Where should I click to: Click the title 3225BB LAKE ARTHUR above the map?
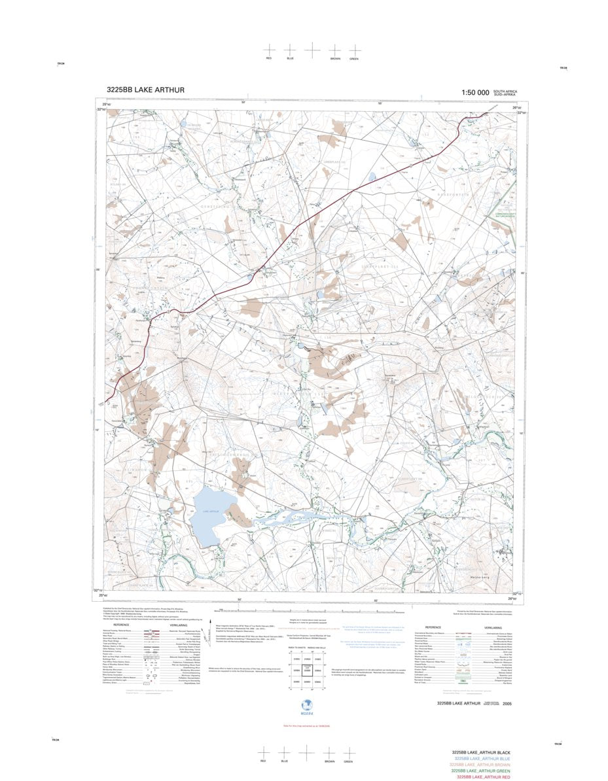coord(145,90)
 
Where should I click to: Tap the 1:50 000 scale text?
coord(474,93)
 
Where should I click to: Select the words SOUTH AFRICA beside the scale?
coord(505,91)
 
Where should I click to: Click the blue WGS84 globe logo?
coord(304,707)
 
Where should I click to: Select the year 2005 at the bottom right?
coord(508,703)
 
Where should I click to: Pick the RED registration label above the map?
coord(268,59)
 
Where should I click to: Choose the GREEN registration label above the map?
coord(354,59)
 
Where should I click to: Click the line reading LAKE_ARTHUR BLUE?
coord(480,759)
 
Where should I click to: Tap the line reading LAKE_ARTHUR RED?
coord(483,777)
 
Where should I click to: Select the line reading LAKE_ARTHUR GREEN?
coord(480,771)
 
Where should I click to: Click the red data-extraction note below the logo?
coord(304,726)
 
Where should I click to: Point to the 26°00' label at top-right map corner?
coord(516,108)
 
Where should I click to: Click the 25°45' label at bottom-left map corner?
coord(102,595)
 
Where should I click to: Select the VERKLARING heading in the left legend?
coord(178,625)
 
